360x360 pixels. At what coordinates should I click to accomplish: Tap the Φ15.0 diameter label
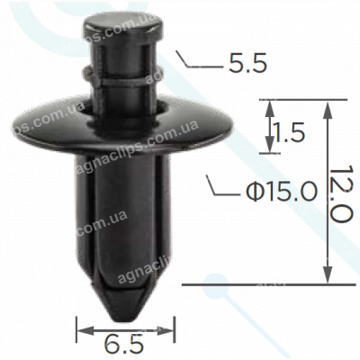click(279, 191)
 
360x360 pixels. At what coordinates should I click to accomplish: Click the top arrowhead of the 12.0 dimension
click(326, 104)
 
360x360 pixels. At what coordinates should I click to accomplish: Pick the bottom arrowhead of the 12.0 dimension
click(326, 278)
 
